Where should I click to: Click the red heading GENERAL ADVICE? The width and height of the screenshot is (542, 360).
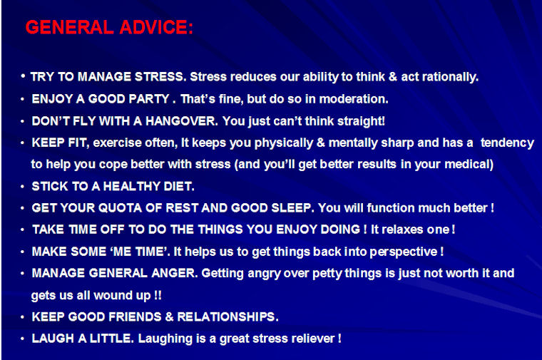(109, 27)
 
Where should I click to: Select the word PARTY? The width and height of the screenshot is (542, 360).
(149, 99)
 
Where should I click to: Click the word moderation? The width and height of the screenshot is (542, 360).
(354, 99)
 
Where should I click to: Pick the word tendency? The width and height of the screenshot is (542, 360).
(507, 143)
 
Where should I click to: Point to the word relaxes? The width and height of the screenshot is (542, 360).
(402, 230)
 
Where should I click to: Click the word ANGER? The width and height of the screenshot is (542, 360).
(175, 273)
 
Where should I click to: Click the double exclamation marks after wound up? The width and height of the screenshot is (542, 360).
(158, 295)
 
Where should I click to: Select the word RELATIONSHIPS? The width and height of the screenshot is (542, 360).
(227, 317)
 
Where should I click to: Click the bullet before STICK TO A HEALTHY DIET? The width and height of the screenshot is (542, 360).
(23, 187)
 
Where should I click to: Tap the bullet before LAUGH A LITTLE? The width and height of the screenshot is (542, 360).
(23, 339)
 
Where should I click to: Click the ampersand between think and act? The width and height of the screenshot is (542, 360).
(393, 77)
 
